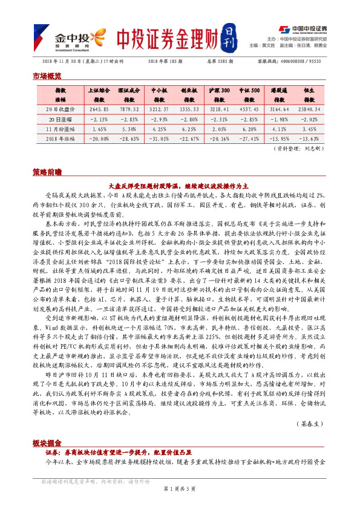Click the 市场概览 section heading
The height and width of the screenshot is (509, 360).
(47, 76)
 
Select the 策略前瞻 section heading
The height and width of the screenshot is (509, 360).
(47, 172)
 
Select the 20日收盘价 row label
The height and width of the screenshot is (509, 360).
(61, 109)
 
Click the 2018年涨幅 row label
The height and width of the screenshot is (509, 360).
(61, 138)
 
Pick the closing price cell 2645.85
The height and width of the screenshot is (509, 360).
(98, 109)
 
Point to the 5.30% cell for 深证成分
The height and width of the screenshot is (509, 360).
(129, 129)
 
